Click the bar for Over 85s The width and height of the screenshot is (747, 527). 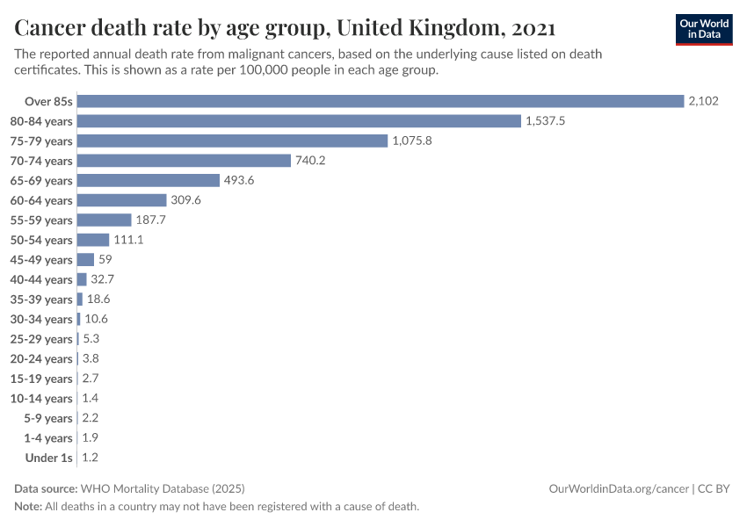[x=381, y=101]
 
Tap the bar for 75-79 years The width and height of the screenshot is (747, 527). [x=232, y=141]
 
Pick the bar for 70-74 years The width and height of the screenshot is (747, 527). [x=184, y=161]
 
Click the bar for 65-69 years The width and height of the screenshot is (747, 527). [x=149, y=180]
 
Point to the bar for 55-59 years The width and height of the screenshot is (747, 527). [x=105, y=220]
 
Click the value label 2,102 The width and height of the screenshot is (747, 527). [x=703, y=101]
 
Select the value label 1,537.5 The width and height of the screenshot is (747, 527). [x=545, y=121]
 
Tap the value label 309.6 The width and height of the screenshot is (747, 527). [x=185, y=200]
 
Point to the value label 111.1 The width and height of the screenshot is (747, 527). [x=128, y=240]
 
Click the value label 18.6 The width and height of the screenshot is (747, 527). [x=98, y=300]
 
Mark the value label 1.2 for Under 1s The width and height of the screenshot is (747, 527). [x=90, y=458]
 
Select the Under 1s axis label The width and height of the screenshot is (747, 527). [x=49, y=458]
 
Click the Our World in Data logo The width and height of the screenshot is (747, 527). [x=703, y=29]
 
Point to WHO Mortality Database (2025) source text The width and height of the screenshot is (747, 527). [x=163, y=488]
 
